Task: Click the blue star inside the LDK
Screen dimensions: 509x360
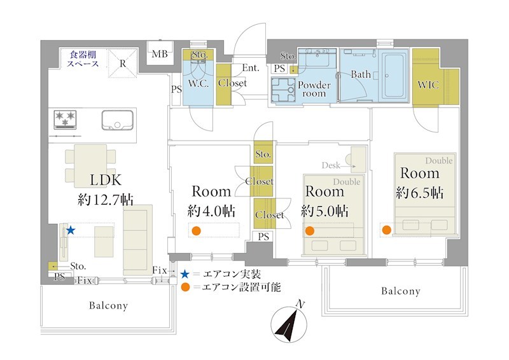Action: (x=71, y=230)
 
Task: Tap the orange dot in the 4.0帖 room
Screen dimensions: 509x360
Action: (x=196, y=231)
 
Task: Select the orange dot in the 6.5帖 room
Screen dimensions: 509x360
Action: (x=386, y=230)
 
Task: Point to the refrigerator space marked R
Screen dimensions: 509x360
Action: (x=122, y=64)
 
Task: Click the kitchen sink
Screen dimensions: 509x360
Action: (x=117, y=120)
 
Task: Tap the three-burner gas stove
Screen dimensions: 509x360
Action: (x=66, y=120)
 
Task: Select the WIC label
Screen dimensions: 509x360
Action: (x=428, y=85)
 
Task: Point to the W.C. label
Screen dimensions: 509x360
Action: (x=199, y=84)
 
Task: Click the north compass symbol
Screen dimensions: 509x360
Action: (x=289, y=323)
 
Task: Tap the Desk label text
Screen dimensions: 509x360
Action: (x=331, y=165)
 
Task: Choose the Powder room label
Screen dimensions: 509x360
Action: (x=314, y=89)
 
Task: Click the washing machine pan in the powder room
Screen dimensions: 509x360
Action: (x=283, y=90)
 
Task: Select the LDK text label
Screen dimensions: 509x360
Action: (x=106, y=180)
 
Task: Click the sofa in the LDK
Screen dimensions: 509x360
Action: (x=137, y=240)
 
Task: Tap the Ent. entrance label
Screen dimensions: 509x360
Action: (x=251, y=68)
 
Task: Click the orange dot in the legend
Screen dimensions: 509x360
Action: (x=185, y=287)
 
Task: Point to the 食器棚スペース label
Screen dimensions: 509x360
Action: (x=83, y=59)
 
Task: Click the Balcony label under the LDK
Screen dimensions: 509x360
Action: (x=108, y=305)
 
